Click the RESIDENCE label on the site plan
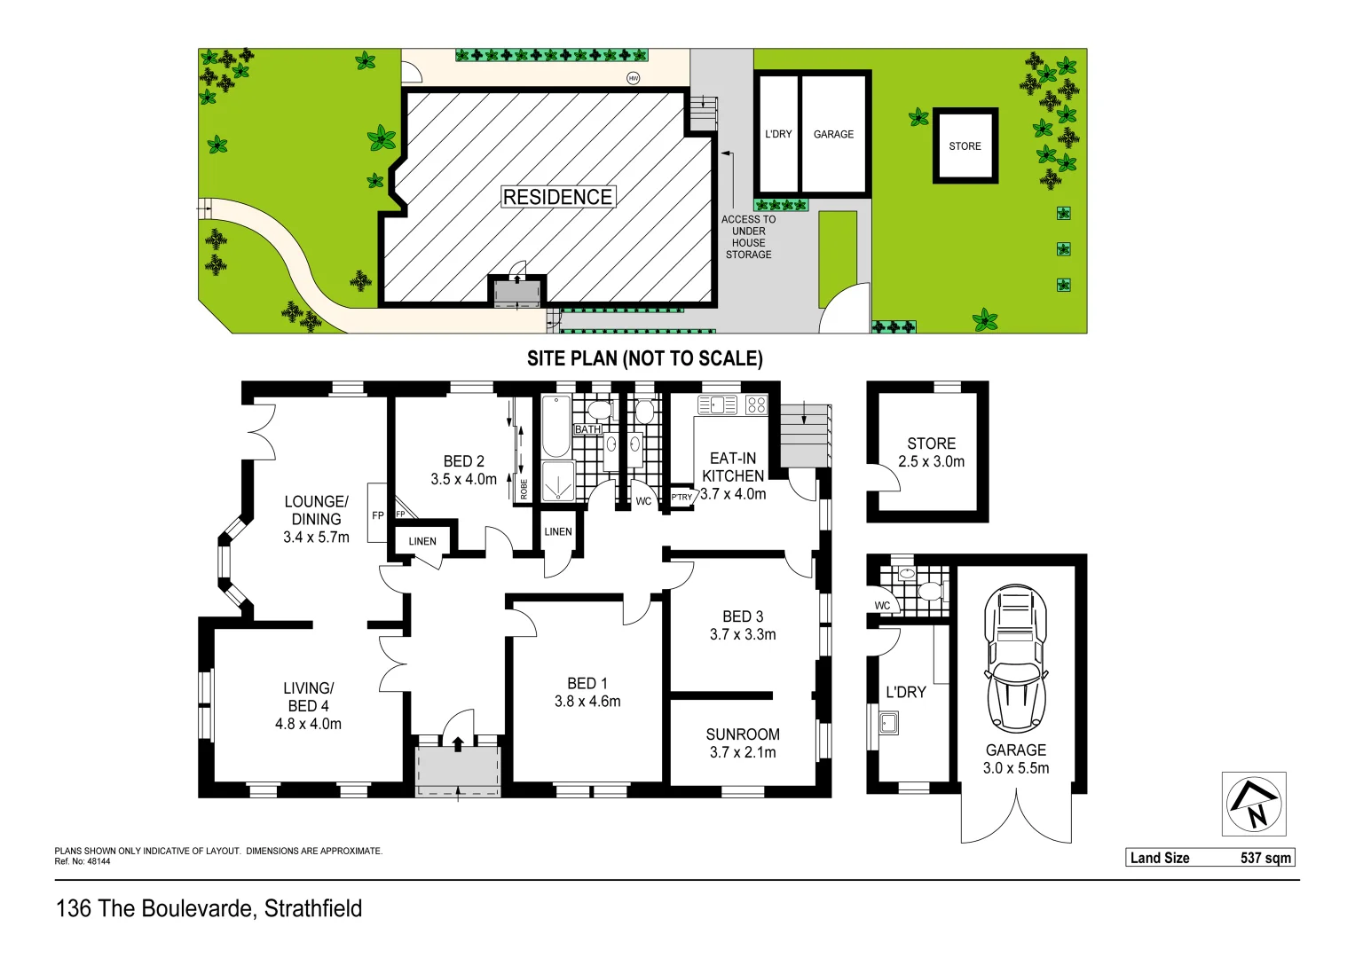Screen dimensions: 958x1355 (557, 197)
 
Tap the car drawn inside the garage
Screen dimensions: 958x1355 (1015, 659)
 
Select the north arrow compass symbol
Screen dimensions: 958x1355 (1253, 804)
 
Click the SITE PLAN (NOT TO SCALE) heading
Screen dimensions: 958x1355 (644, 358)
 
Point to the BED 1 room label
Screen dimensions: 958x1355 (587, 692)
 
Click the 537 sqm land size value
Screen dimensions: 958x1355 (1265, 858)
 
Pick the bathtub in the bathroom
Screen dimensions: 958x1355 (556, 427)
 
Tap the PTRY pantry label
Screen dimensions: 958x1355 (681, 498)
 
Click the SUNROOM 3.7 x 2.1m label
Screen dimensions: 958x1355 (743, 743)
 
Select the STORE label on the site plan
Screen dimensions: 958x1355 (965, 146)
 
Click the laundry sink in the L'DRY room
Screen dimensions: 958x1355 (888, 723)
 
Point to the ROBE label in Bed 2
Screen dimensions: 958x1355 (524, 489)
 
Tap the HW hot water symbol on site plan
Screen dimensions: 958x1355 (634, 78)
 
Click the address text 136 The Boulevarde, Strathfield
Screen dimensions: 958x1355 (209, 908)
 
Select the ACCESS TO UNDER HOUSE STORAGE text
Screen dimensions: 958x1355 (748, 237)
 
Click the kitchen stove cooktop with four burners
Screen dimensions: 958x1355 (756, 405)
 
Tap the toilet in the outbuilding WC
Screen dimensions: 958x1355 (928, 591)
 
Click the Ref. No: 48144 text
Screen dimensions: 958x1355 (83, 861)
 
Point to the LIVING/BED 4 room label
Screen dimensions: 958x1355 (308, 706)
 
